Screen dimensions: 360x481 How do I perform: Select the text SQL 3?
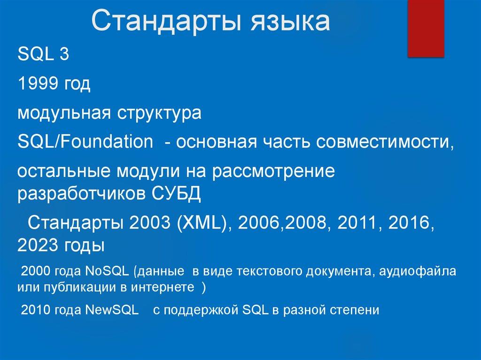pos(43,55)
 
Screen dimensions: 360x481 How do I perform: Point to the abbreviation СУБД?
pos(176,192)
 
